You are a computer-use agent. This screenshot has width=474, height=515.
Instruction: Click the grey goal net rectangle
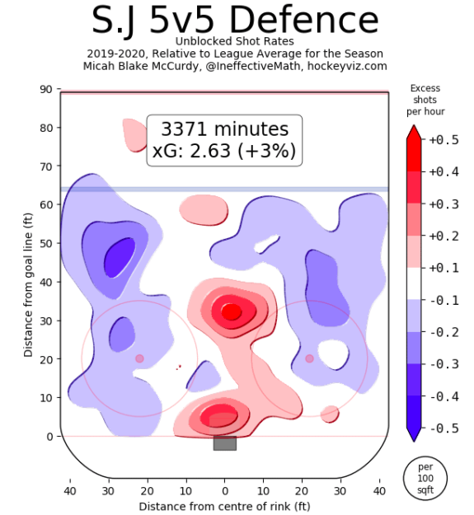pos(224,443)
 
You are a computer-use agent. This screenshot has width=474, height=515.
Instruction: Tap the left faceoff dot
pos(139,358)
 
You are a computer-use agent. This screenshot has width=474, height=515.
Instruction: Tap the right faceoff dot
pos(309,358)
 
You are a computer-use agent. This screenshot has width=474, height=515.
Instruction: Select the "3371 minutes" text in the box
pos(224,129)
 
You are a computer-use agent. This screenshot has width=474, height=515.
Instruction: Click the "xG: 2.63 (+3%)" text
pos(224,151)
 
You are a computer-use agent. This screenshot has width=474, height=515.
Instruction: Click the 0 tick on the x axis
pos(224,492)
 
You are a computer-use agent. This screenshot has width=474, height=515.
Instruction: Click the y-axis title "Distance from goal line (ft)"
pos(29,262)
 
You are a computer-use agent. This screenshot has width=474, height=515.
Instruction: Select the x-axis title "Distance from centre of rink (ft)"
pos(224,506)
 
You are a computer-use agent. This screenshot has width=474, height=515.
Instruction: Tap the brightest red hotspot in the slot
pos(232,311)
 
